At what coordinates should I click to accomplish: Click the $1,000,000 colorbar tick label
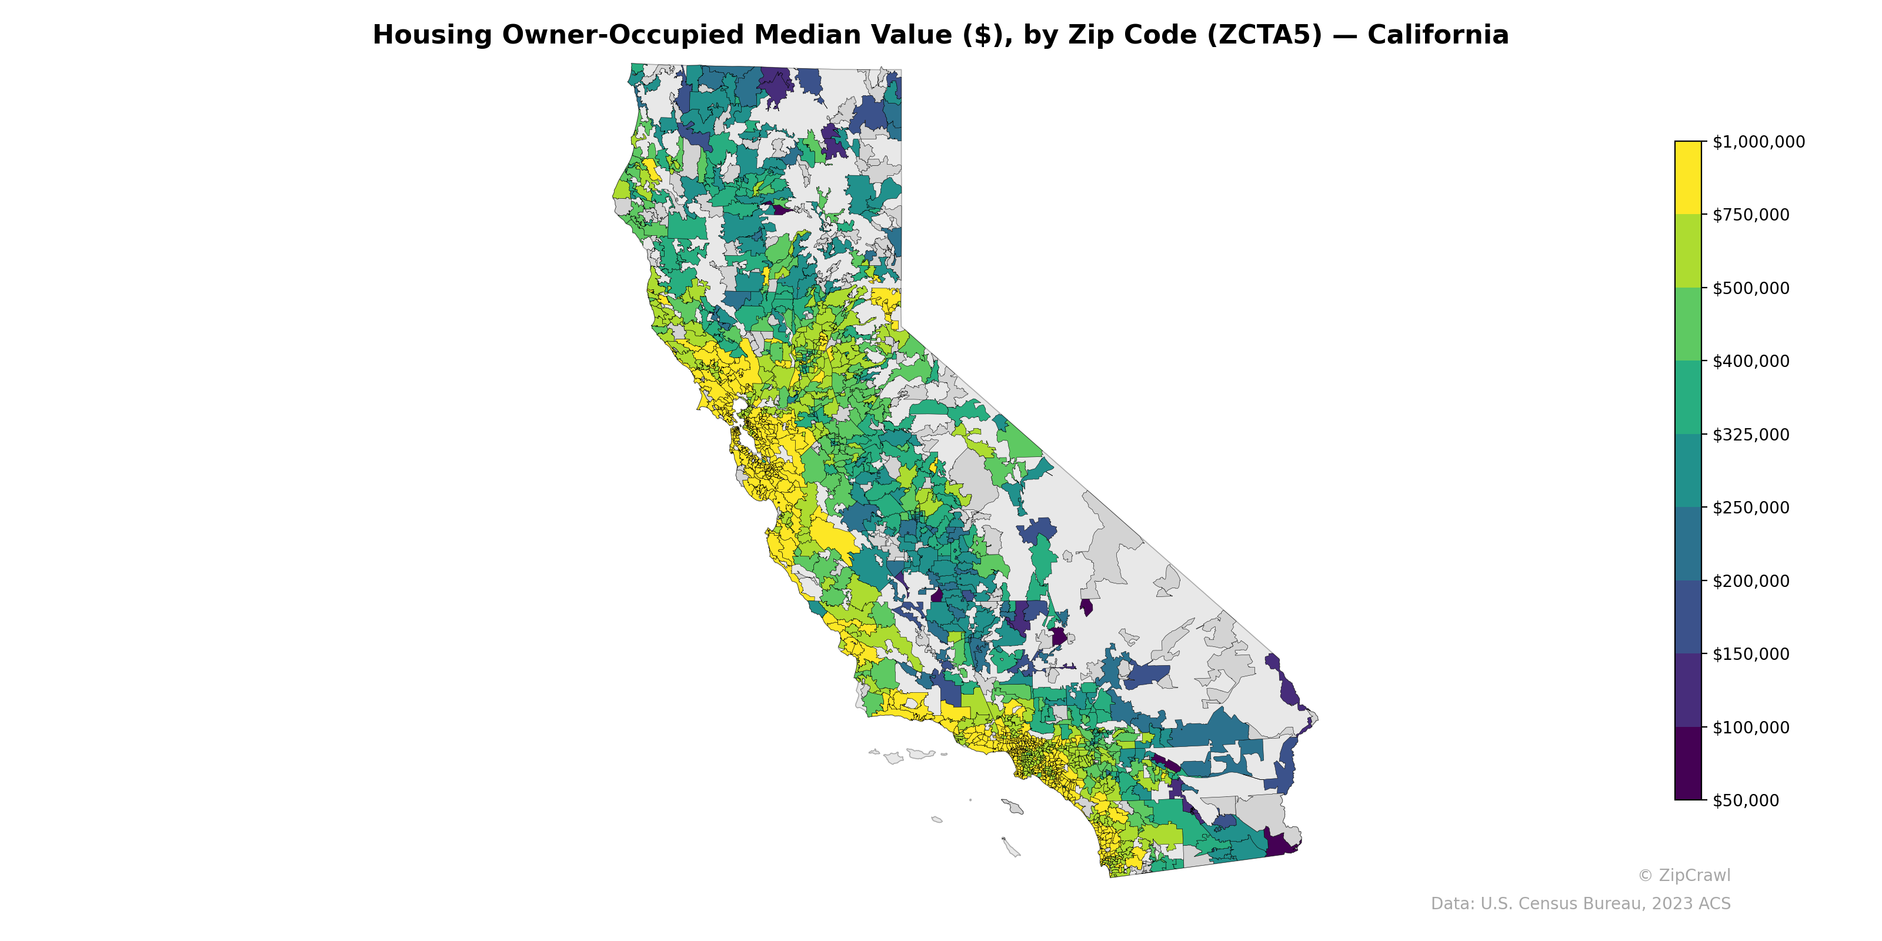[x=1758, y=142]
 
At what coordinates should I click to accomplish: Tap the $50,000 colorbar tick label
[x=1746, y=800]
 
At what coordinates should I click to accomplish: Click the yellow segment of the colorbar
[x=1688, y=178]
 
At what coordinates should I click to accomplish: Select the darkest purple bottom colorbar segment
[x=1688, y=763]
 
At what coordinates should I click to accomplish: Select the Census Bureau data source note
[x=1580, y=904]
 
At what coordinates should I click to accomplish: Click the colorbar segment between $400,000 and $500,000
[x=1688, y=325]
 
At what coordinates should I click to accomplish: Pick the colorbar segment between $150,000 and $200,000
[x=1688, y=618]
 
